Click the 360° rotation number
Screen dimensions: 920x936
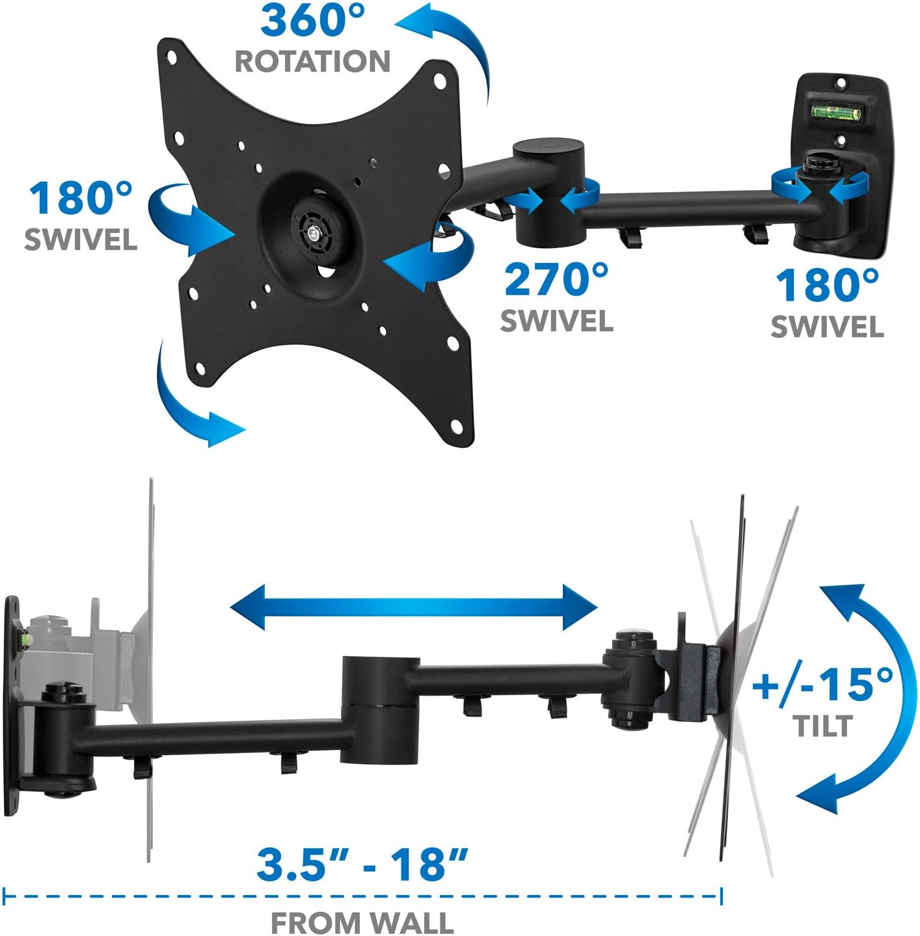[x=313, y=20]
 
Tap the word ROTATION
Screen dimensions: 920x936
[x=312, y=62]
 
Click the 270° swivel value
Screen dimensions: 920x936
[x=556, y=279]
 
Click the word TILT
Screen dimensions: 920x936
[x=822, y=726]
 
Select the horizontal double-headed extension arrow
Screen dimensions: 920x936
[x=414, y=608]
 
